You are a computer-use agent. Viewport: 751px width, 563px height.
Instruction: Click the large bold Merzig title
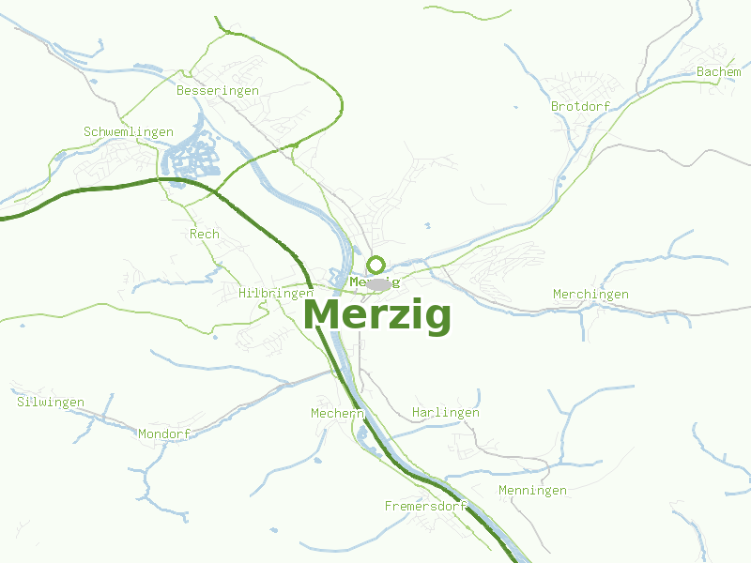[x=377, y=315]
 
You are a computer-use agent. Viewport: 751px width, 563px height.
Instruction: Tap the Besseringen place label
[x=218, y=90]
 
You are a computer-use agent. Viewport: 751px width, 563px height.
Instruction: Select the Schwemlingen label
[x=129, y=132]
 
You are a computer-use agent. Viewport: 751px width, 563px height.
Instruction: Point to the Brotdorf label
[x=580, y=106]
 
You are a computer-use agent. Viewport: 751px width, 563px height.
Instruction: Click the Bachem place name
[x=718, y=72]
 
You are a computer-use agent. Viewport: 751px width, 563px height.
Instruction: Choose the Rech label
[x=205, y=234]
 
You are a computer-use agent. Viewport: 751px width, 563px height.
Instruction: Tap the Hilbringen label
[x=276, y=294]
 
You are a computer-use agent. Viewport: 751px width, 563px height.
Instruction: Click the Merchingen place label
[x=590, y=295]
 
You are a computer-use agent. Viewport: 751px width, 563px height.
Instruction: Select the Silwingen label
[x=51, y=403]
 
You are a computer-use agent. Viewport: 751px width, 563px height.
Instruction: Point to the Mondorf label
[x=164, y=434]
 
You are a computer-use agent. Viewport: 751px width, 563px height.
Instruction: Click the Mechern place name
[x=337, y=413]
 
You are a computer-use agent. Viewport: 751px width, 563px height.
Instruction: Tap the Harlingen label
[x=446, y=413]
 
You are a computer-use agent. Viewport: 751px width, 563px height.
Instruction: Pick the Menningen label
[x=532, y=491]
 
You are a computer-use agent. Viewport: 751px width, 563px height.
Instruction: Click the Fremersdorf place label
[x=426, y=507]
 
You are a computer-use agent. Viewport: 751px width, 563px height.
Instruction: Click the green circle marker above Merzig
[x=376, y=265]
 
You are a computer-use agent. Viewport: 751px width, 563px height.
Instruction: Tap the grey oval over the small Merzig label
[x=378, y=283]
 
